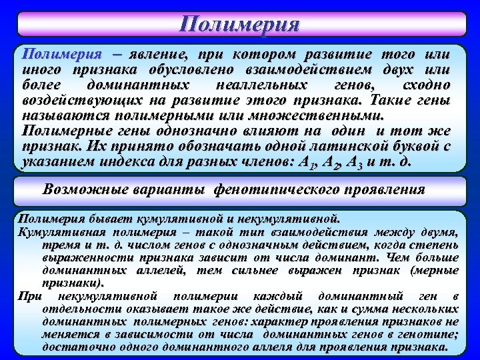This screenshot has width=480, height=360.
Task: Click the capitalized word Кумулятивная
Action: point(56,231)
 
